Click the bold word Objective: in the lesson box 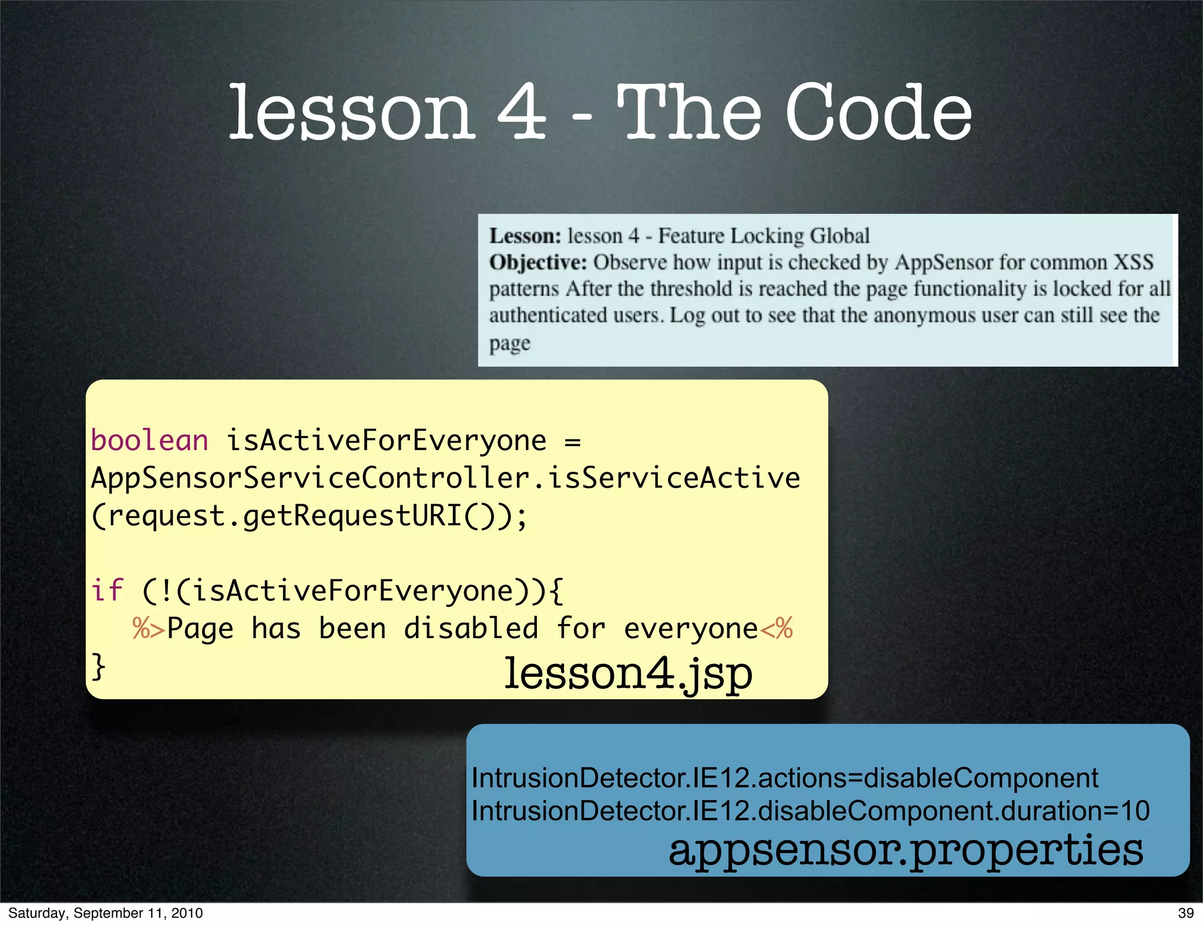[538, 262]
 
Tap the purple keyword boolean [150, 441]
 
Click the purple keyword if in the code [107, 591]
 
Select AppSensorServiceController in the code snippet [310, 478]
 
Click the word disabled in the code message [471, 628]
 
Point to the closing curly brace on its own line [99, 666]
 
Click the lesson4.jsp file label [628, 674]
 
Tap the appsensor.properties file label [906, 850]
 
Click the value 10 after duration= [1134, 811]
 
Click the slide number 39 [1185, 913]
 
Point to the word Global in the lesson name [839, 236]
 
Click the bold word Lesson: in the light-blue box [525, 236]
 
